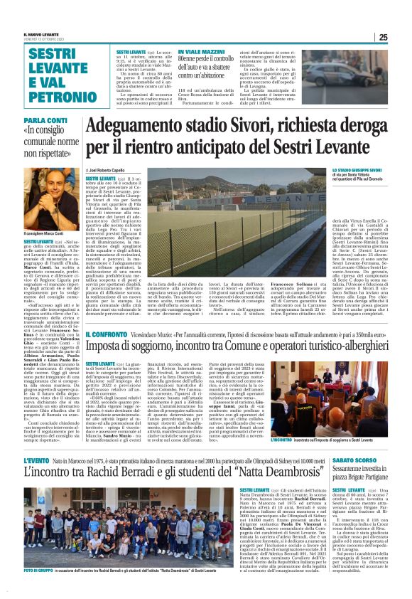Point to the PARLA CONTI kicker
coord(42,121)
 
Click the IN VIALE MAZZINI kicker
coord(200,52)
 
